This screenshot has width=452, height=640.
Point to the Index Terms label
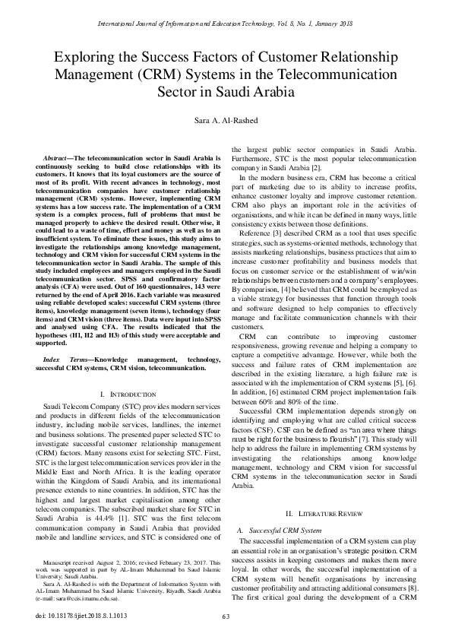[x=62, y=358]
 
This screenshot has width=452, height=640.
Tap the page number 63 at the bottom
[x=226, y=615]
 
